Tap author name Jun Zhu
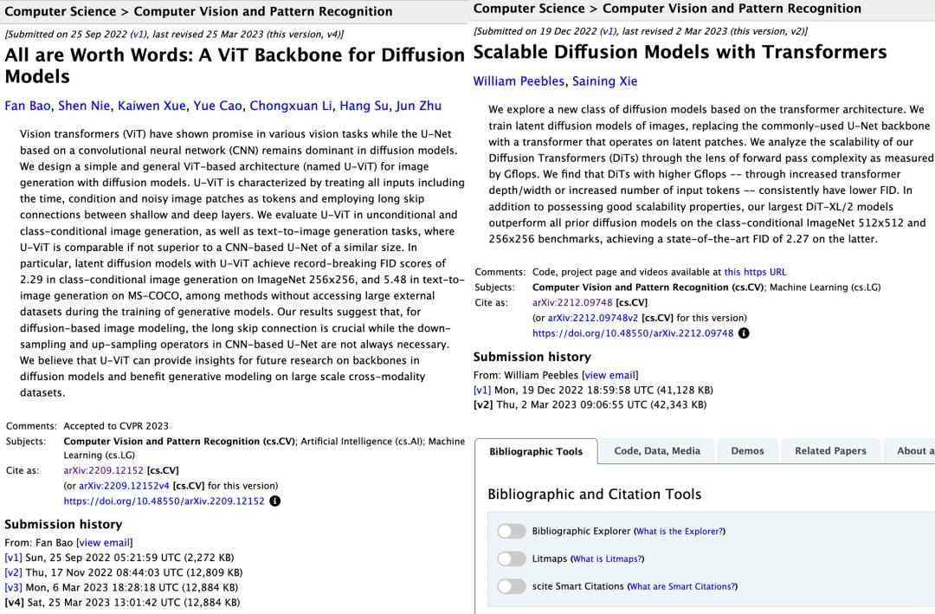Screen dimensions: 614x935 418,107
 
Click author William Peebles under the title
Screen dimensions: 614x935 519,81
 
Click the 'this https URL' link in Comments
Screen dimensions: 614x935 755,271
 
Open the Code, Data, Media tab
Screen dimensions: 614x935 657,451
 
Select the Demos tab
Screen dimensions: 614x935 747,451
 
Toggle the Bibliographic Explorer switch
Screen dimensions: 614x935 512,531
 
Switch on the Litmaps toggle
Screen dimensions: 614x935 512,559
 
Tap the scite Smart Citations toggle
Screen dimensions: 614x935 512,586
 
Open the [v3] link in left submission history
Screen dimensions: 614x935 13,587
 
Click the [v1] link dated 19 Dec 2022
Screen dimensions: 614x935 482,390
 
